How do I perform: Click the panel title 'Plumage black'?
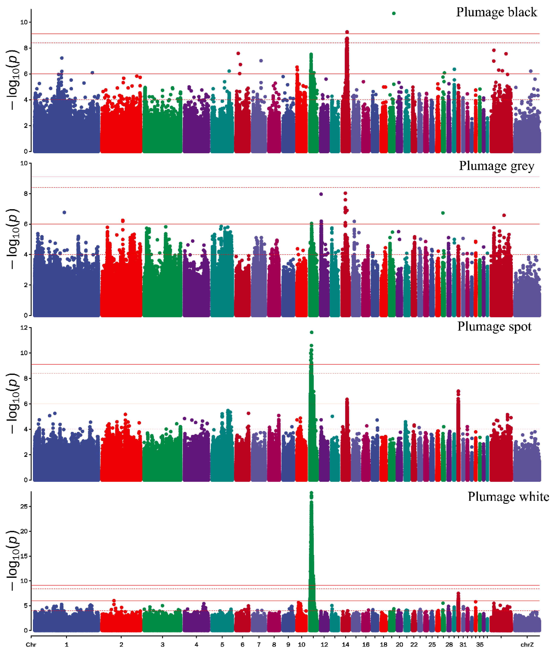click(496, 12)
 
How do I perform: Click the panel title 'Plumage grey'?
click(496, 166)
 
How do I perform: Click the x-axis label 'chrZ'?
click(527, 644)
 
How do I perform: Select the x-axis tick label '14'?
click(345, 644)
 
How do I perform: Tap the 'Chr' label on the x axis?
click(31, 644)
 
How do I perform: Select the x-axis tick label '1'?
click(66, 644)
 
